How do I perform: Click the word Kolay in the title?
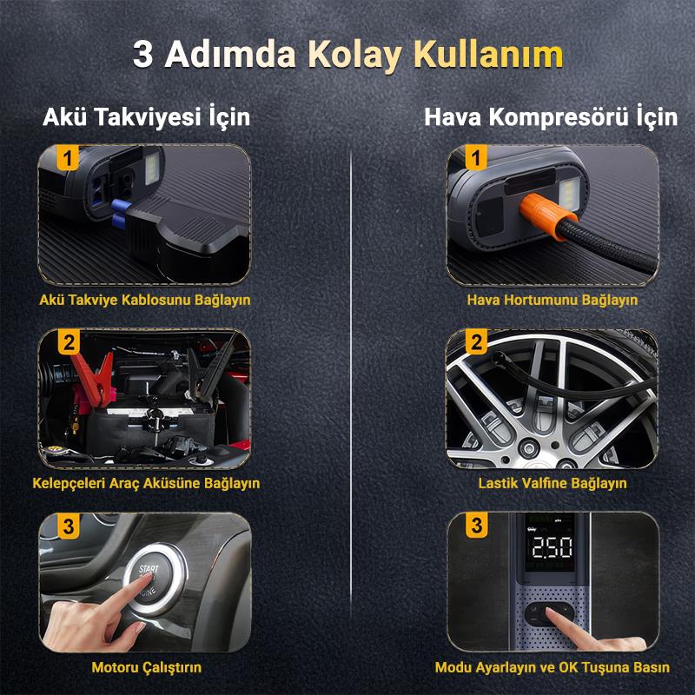[356, 54]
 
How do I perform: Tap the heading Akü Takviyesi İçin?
[146, 116]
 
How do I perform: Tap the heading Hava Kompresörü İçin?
[550, 116]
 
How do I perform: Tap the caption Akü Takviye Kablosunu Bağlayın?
[145, 300]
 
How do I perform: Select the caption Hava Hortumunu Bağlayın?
[552, 300]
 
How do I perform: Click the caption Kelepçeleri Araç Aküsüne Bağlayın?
[146, 483]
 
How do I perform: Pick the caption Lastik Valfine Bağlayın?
[552, 483]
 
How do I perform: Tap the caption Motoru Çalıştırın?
[146, 667]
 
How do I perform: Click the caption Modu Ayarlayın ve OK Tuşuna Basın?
[552, 667]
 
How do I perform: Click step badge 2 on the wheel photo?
[475, 342]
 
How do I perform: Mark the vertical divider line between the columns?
[350, 391]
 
